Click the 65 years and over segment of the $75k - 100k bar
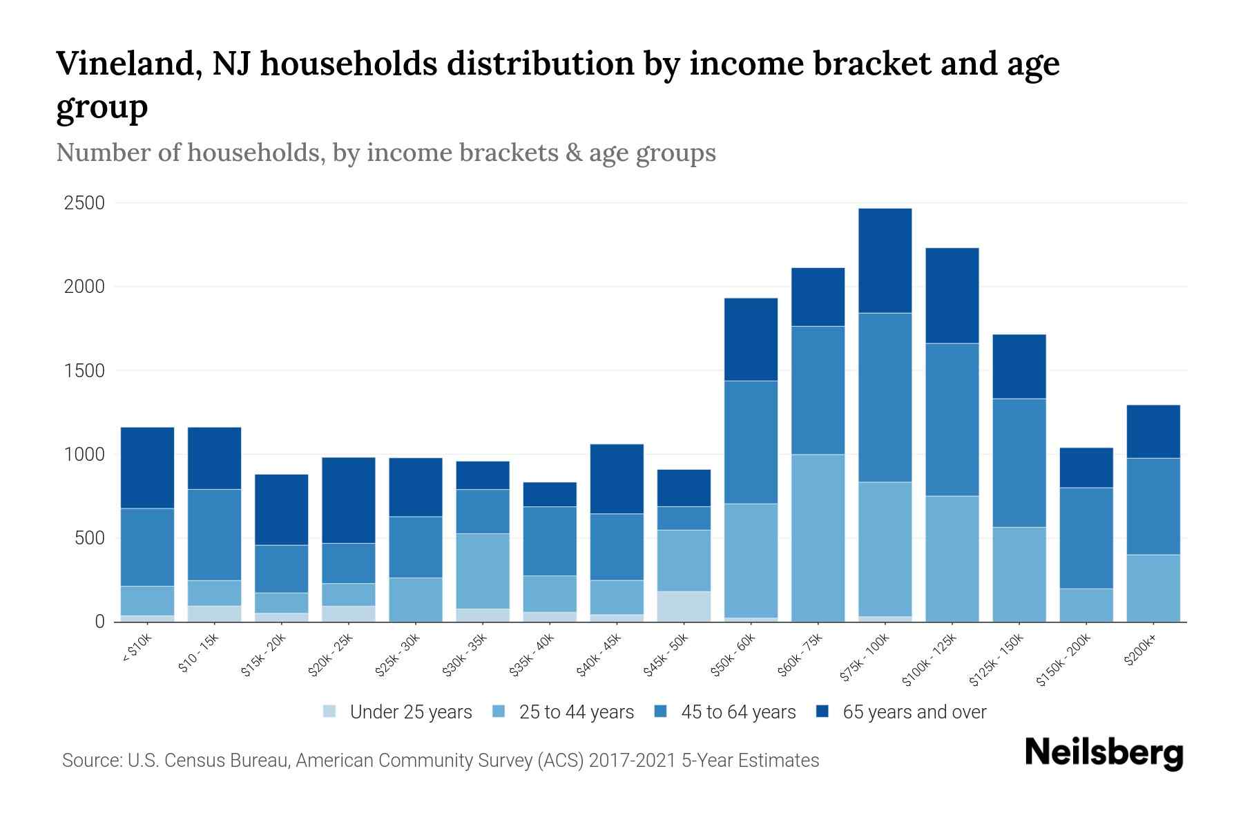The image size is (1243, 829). [885, 260]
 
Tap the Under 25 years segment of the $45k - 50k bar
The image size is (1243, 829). [684, 606]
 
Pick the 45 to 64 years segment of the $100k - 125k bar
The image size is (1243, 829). [952, 419]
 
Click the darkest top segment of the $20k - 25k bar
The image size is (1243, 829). [349, 500]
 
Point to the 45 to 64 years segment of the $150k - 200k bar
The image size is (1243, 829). [1086, 537]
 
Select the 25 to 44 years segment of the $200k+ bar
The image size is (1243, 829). [1153, 587]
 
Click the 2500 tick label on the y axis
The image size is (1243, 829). [84, 203]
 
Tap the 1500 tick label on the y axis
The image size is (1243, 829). [84, 371]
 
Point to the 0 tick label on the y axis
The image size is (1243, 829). [100, 622]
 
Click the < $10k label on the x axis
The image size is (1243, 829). [137, 649]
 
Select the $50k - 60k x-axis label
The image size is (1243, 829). [734, 656]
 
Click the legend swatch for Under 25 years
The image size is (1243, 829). [330, 712]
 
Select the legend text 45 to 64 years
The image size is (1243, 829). [738, 712]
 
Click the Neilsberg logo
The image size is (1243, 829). [1104, 753]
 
